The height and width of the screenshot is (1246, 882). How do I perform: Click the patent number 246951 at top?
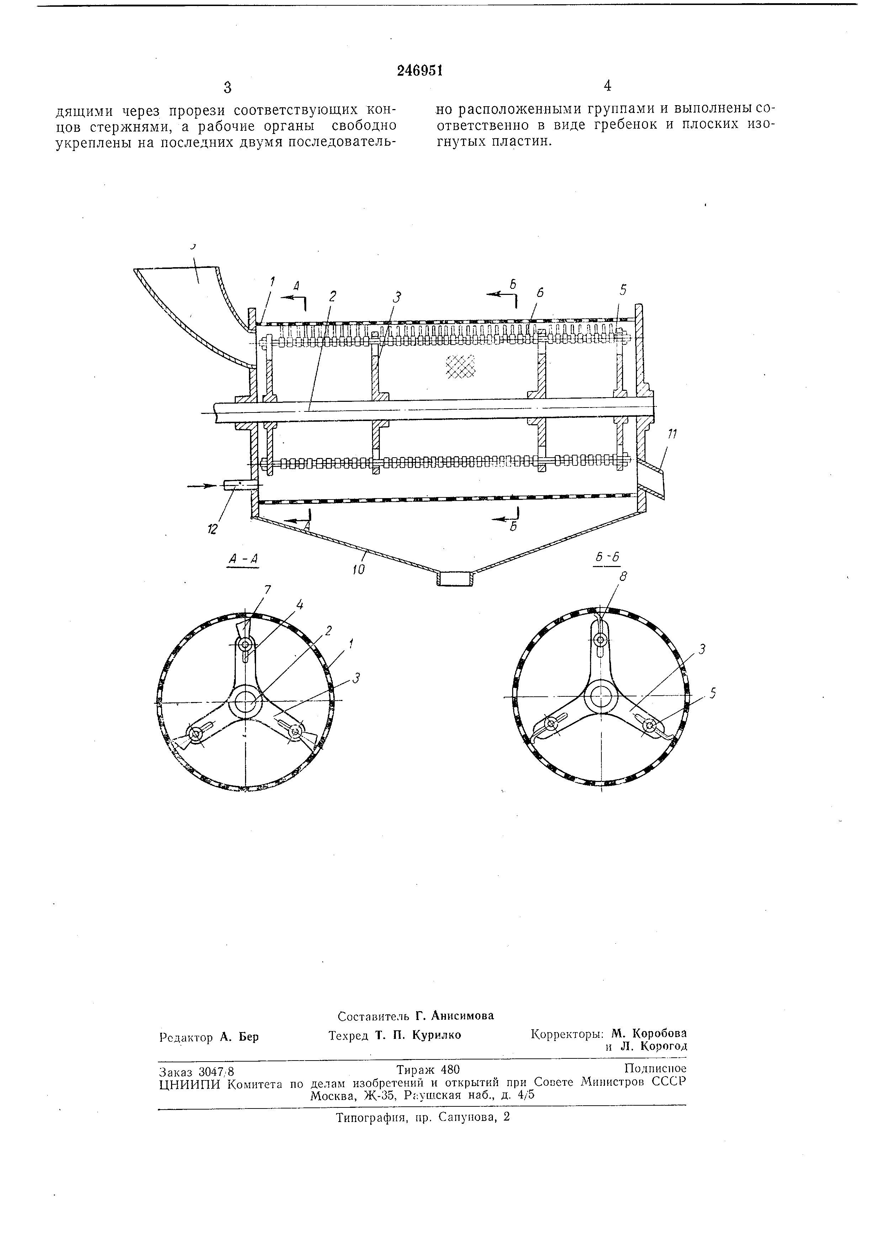click(420, 71)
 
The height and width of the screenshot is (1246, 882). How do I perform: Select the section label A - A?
click(242, 559)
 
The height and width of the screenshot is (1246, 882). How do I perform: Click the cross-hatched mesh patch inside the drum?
click(459, 365)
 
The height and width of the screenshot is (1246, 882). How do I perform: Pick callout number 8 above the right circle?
click(623, 577)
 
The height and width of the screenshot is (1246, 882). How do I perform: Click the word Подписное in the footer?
click(655, 1069)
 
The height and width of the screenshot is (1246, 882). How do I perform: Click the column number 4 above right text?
click(607, 86)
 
